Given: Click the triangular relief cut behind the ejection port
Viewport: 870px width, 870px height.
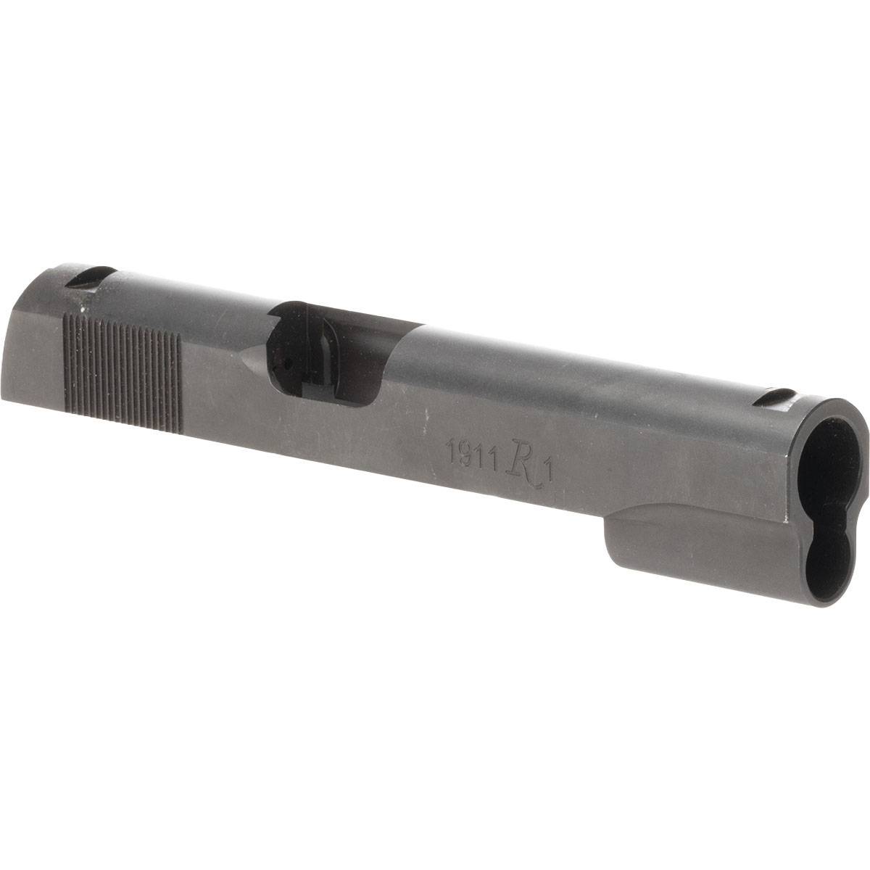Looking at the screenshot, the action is [254, 362].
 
